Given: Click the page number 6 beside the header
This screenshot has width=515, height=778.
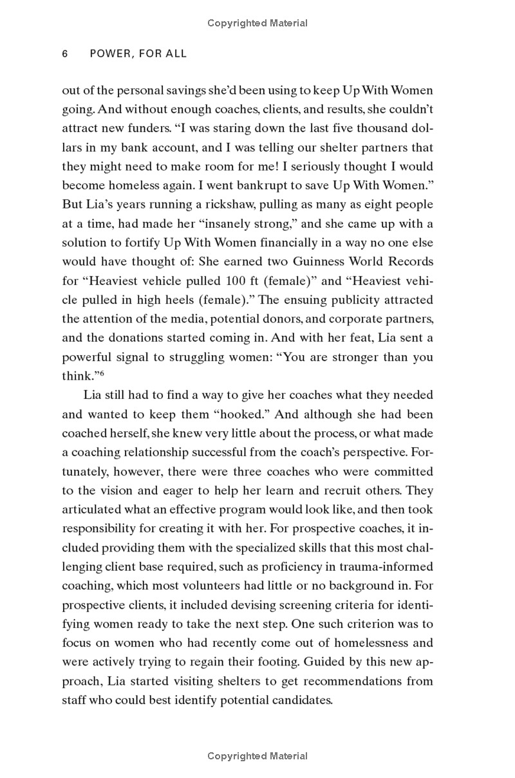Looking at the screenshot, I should pyautogui.click(x=65, y=54).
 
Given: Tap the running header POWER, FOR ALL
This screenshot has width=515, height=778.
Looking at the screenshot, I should pyautogui.click(x=138, y=54).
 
